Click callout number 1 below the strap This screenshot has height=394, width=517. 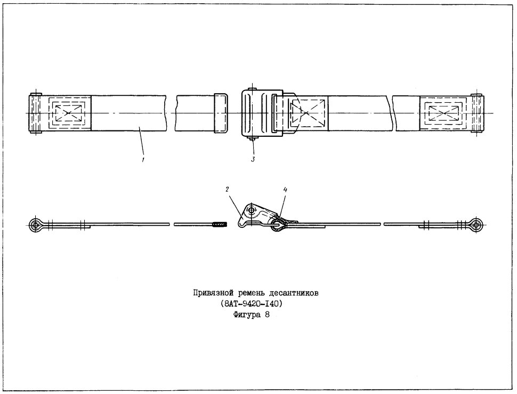point(143,160)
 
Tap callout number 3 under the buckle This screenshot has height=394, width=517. point(253,160)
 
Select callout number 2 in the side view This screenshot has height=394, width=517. point(227,189)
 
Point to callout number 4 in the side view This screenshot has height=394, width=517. point(285,190)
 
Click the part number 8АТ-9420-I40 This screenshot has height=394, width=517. point(252,303)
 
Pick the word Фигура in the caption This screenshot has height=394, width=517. point(247,315)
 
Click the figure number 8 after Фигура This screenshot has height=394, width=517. point(266,315)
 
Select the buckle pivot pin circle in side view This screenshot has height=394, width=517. point(252,210)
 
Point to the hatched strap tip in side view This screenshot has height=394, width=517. point(220,225)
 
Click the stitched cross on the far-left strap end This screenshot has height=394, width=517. point(68,113)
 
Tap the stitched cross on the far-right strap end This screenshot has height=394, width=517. point(443,113)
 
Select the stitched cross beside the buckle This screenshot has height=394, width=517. point(307,113)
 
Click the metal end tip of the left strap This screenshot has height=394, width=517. point(221,113)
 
